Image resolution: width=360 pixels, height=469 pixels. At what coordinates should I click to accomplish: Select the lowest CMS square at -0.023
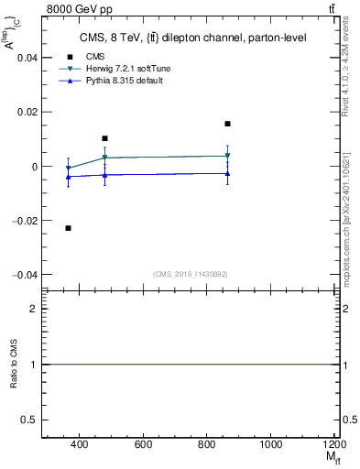point(69,227)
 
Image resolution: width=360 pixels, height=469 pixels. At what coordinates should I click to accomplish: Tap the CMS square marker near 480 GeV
point(105,138)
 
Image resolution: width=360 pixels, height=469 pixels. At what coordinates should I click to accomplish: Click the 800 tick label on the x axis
point(207,444)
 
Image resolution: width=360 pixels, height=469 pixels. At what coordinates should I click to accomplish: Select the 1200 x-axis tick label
point(333,444)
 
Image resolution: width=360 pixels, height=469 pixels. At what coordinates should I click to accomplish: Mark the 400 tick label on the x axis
point(79,444)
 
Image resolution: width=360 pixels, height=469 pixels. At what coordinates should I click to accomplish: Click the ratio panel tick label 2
point(34,310)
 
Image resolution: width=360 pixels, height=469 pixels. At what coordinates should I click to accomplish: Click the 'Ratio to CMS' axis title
point(15,365)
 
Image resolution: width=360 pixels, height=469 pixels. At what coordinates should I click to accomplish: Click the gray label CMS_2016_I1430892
point(190,274)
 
